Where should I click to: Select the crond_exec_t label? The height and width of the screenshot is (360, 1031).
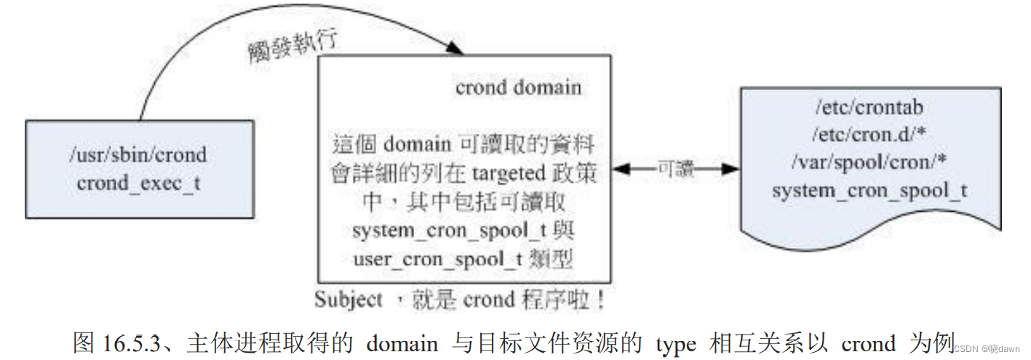(x=138, y=183)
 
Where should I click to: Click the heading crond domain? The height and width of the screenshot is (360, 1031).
(x=518, y=88)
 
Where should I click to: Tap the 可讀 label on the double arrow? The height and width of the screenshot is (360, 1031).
(x=676, y=169)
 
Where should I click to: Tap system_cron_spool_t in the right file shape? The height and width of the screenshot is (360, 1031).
(x=869, y=191)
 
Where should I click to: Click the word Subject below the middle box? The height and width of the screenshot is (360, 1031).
(x=349, y=299)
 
